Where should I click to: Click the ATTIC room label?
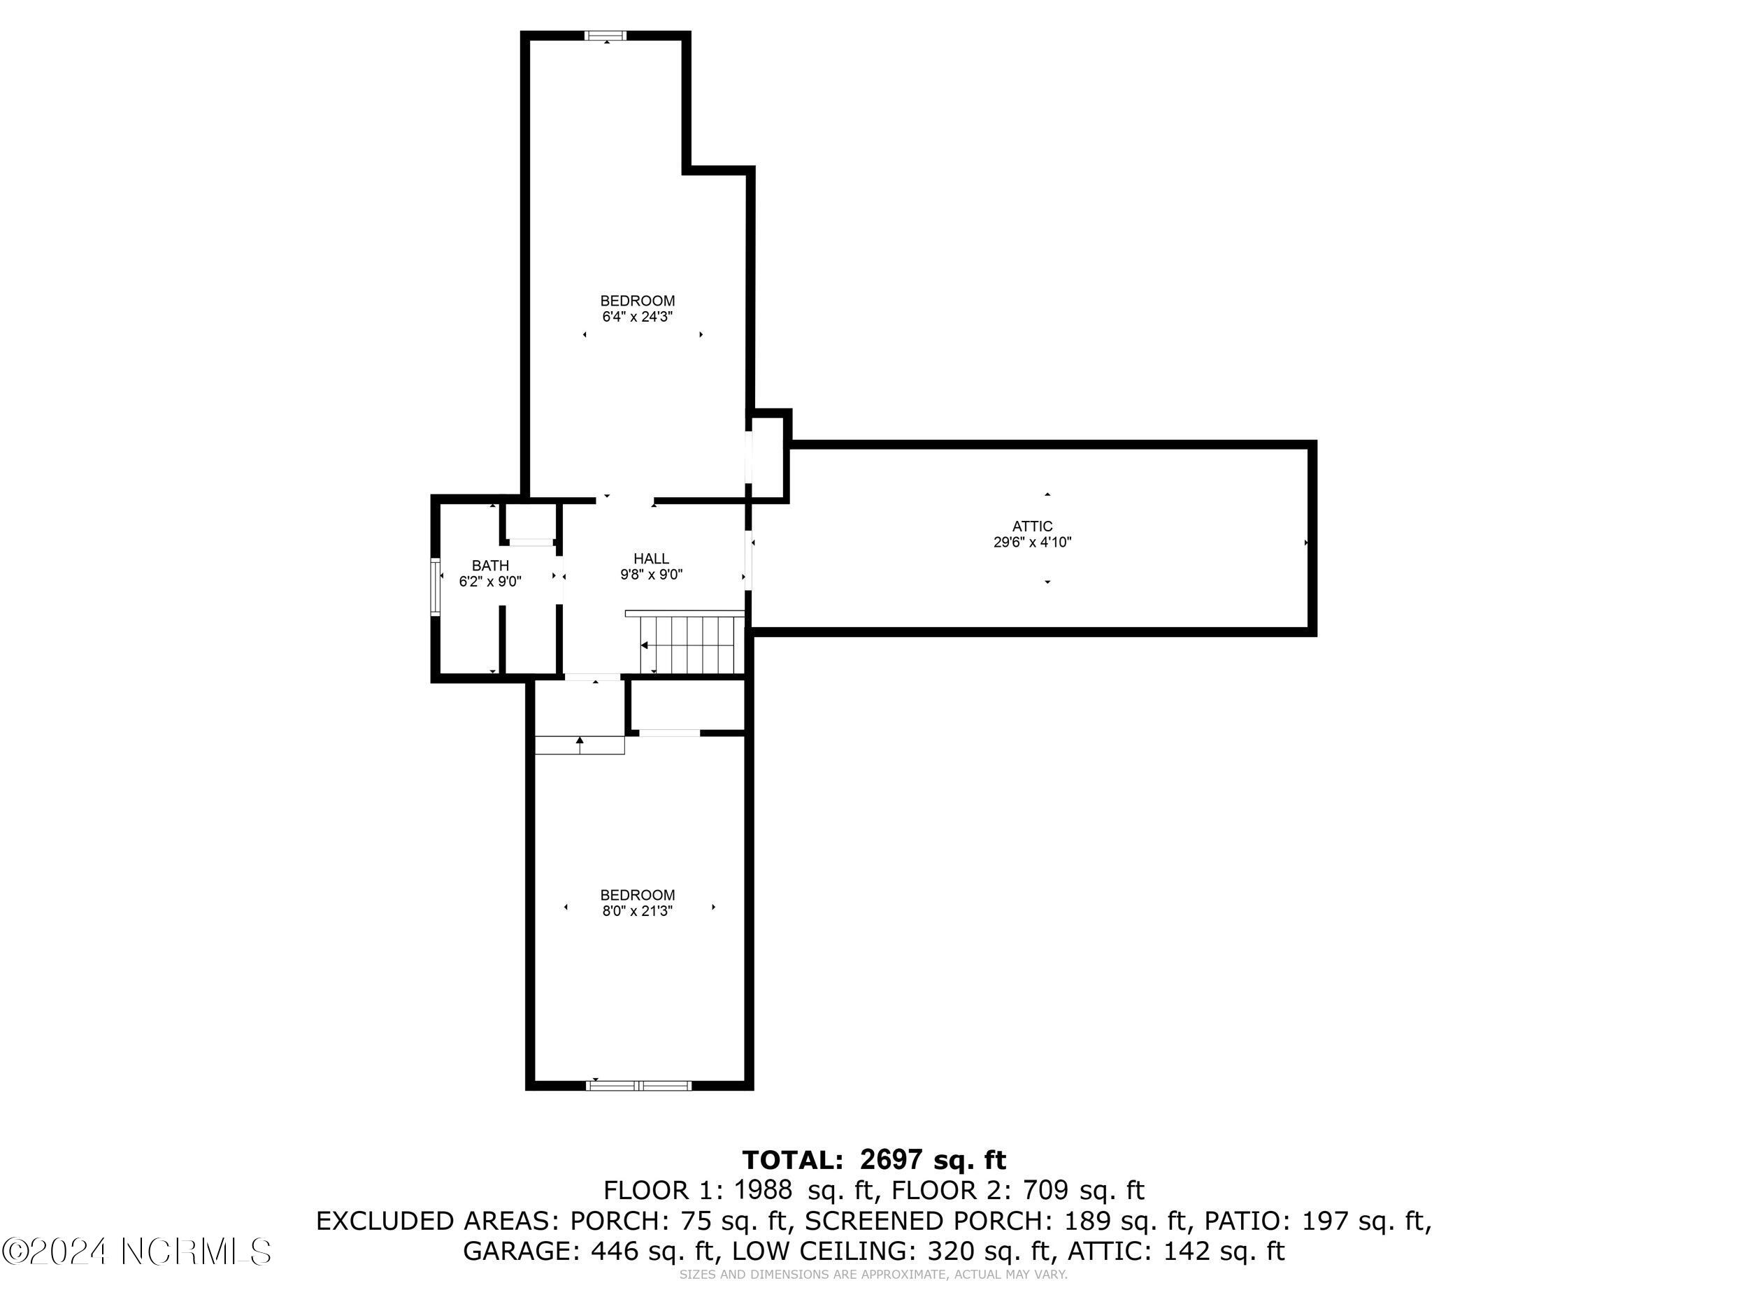pos(1032,526)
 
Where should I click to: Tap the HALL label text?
pos(651,559)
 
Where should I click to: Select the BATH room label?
pos(490,566)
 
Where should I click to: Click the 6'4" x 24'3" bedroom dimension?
pos(637,317)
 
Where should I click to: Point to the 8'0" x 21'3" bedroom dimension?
pos(637,911)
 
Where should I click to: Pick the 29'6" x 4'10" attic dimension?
pos(1032,543)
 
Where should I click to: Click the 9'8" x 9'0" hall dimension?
pos(651,575)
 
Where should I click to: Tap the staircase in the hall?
pos(692,645)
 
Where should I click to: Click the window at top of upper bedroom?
pos(606,36)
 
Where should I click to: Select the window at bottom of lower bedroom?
pos(639,1086)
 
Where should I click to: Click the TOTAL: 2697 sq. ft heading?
pos(874,1160)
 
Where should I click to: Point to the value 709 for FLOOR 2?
pos(1045,1190)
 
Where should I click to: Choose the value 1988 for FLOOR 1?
pos(763,1190)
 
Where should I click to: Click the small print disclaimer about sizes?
pos(873,1275)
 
